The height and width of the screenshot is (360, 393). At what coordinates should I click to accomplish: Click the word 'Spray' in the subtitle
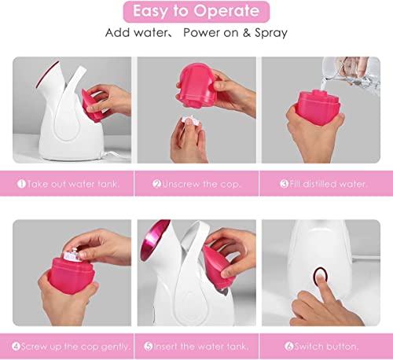267,33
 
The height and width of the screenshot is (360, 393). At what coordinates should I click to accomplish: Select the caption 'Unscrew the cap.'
197,184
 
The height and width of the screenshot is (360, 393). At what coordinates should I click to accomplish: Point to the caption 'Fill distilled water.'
323,184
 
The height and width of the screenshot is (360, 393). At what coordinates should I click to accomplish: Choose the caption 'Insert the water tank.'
197,347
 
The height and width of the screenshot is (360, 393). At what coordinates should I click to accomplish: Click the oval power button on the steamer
319,277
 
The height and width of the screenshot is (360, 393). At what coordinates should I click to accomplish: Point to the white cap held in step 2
188,123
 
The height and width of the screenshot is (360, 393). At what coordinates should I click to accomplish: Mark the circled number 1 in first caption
21,184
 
